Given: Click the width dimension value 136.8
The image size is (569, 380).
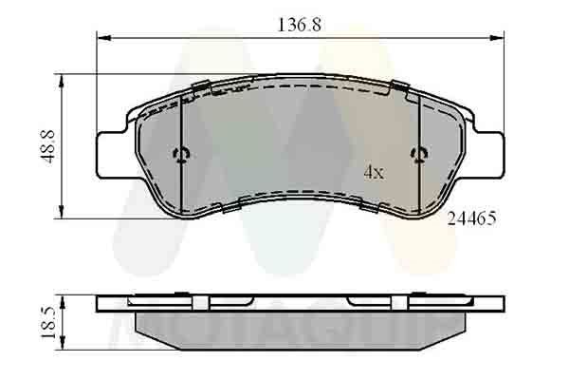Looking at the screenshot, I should point(297,26).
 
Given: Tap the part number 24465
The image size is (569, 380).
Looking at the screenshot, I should point(470,218).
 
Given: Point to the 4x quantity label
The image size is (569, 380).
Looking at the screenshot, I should point(374,173).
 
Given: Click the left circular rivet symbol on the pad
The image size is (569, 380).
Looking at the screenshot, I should point(181,155).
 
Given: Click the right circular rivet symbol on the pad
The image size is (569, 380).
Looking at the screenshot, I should point(417,155).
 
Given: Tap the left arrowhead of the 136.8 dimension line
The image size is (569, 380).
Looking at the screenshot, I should point(103,39).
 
